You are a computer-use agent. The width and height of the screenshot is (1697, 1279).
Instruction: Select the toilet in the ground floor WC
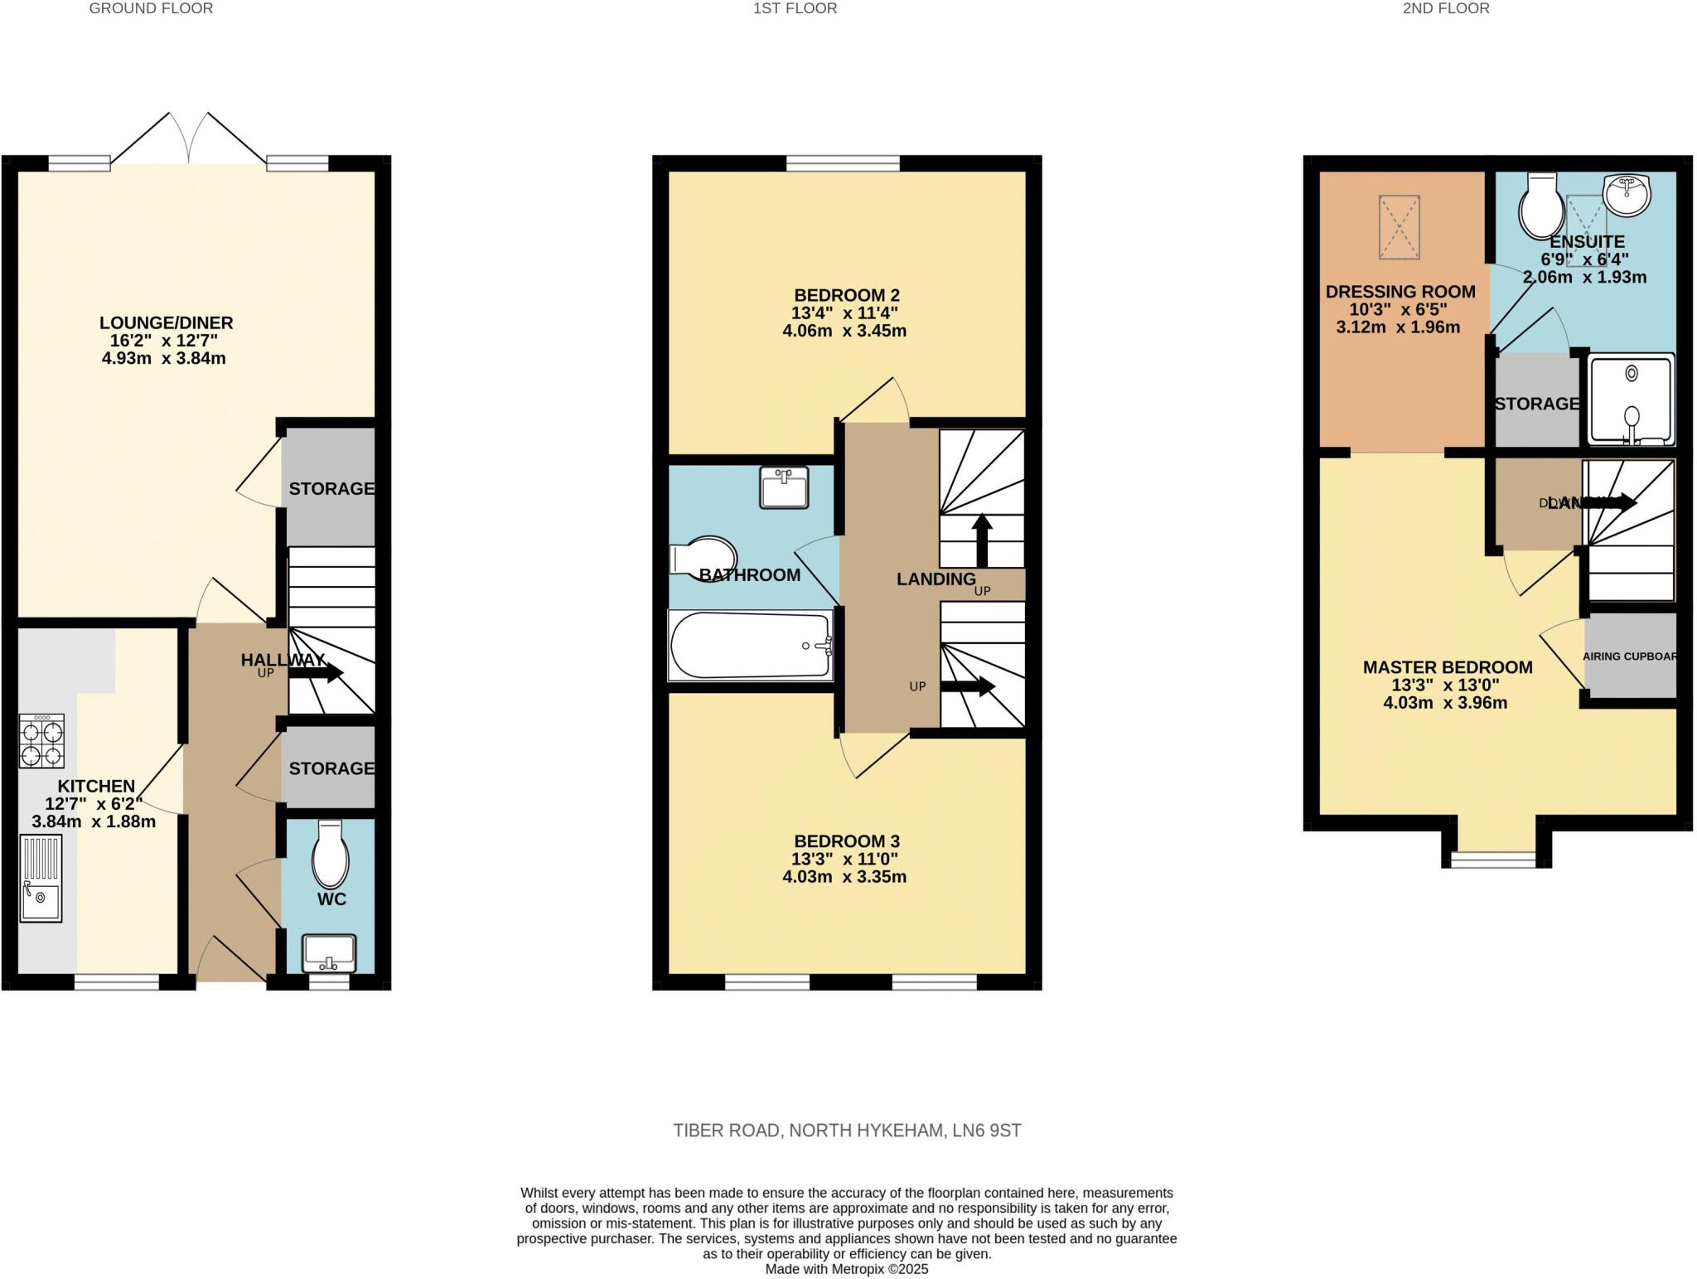[x=330, y=855]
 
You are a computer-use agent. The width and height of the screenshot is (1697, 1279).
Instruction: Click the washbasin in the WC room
[x=329, y=953]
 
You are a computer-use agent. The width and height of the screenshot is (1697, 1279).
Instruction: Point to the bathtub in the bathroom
[x=750, y=646]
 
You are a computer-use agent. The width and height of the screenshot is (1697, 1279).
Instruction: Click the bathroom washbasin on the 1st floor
[x=784, y=487]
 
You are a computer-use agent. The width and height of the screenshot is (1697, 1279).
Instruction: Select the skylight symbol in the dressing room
[x=1400, y=226]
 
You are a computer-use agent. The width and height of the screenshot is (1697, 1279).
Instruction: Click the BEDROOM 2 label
[x=846, y=295]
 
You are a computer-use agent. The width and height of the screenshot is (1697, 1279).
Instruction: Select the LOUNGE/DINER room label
[x=166, y=322]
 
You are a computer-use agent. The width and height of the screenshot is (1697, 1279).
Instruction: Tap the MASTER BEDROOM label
[x=1447, y=667]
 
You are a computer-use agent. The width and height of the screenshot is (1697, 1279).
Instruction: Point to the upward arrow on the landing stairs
[x=982, y=539]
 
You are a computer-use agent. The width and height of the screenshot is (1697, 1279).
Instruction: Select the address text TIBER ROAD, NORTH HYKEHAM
[x=846, y=1131]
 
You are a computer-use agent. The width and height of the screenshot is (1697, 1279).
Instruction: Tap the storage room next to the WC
[x=330, y=768]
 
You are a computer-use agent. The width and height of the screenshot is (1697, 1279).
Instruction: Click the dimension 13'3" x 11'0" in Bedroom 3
[x=844, y=859]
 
